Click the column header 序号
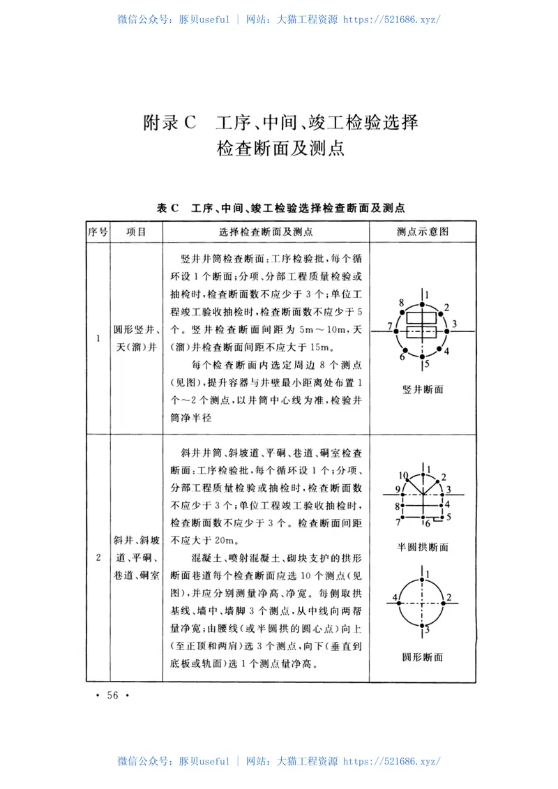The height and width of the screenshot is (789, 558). [97, 232]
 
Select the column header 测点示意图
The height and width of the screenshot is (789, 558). [423, 232]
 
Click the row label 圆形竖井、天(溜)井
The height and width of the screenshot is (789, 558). [136, 338]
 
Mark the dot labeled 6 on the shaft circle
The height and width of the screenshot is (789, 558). [405, 351]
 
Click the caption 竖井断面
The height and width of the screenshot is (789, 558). [423, 389]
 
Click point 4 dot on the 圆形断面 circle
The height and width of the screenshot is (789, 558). [400, 599]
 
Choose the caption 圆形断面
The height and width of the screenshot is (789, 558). [423, 656]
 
